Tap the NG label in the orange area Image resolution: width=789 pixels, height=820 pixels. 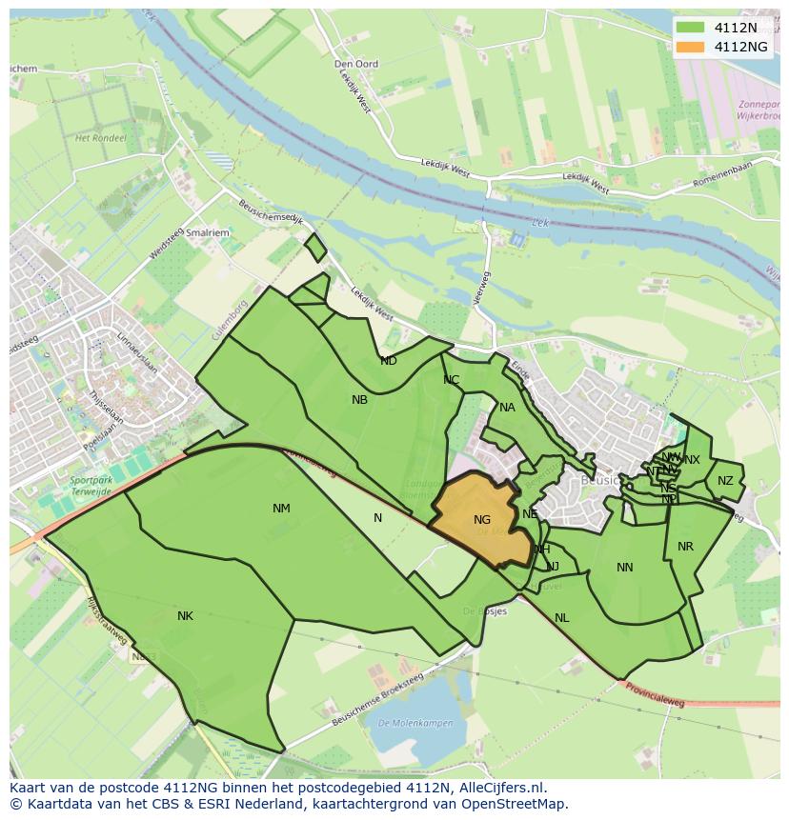pos(482,520)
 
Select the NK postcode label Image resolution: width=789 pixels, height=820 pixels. pos(185,616)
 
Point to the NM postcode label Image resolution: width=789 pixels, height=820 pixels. pos(281,509)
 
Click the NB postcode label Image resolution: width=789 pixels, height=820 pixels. pos(359,400)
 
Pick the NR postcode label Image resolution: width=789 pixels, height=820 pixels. pos(685,547)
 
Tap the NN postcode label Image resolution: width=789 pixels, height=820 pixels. pos(625,568)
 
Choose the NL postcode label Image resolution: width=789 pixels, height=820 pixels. pos(562,618)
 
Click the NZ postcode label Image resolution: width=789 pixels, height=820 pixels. pos(726,481)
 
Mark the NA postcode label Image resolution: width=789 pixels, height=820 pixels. pos(507,408)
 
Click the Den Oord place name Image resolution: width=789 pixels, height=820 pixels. pos(356,64)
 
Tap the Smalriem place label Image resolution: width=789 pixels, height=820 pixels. pos(209,231)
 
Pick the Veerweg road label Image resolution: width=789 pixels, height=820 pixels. pos(485,287)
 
